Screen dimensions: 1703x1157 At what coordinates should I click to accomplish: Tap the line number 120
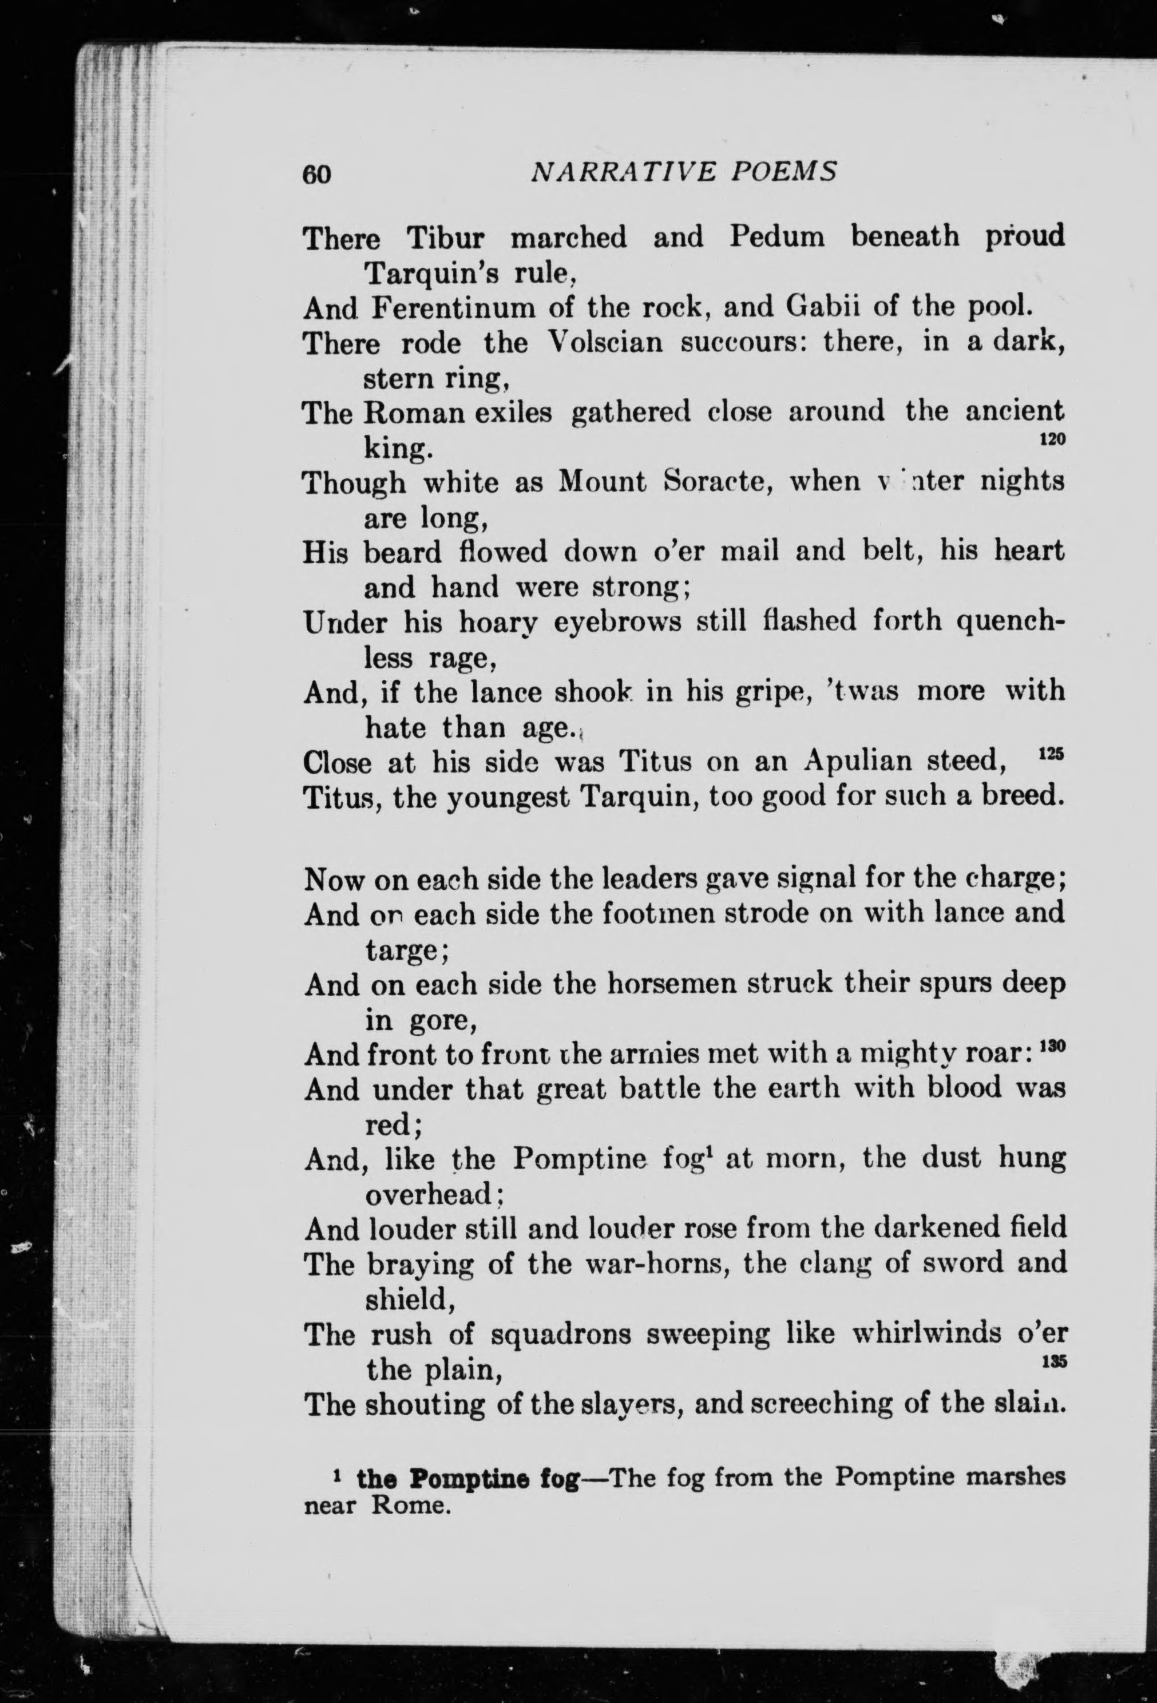(1052, 439)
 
